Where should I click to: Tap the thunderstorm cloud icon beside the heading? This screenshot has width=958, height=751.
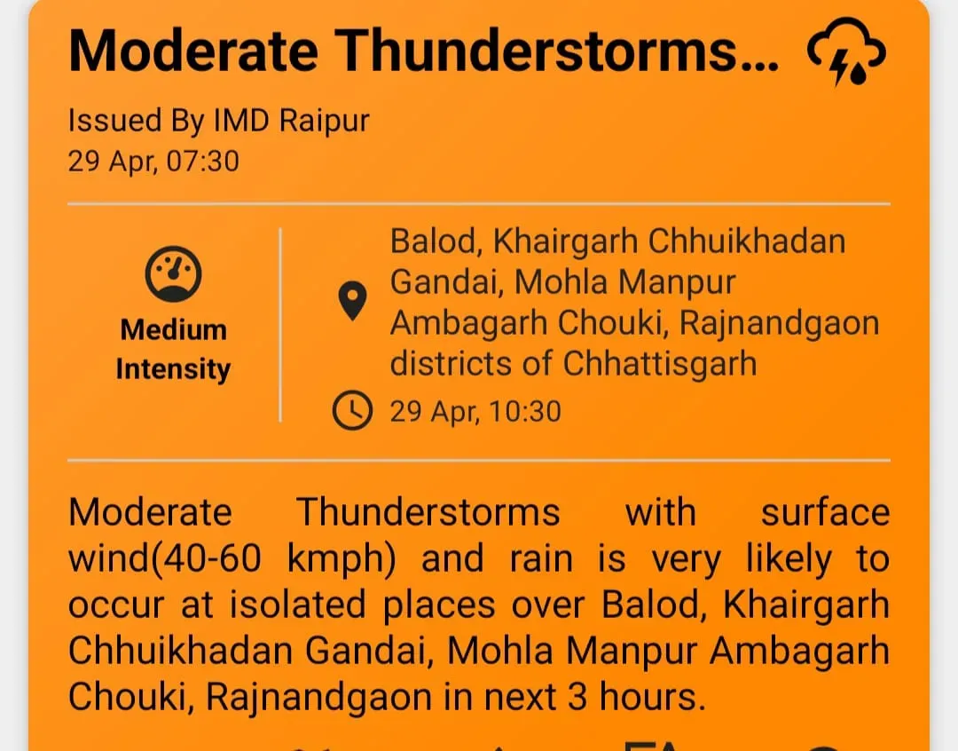point(844,52)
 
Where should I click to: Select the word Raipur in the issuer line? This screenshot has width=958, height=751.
point(324,121)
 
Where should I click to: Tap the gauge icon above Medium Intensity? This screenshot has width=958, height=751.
point(173,273)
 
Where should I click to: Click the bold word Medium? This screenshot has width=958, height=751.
point(173,330)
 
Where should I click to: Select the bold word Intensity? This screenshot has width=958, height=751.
point(173,368)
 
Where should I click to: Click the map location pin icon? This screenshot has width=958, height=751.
point(353,302)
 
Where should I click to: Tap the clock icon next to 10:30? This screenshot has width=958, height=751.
point(352,411)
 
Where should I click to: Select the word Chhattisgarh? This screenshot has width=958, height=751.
point(660,364)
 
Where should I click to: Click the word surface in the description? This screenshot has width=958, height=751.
point(825,513)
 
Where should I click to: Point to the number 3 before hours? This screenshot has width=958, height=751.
point(577,698)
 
